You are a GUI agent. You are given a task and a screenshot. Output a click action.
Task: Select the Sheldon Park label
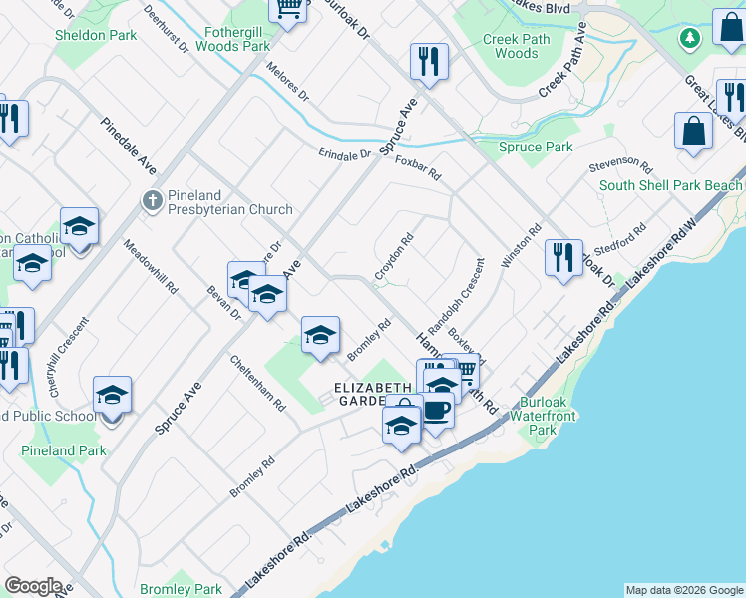point(95,35)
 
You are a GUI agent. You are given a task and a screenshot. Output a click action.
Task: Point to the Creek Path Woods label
point(517,46)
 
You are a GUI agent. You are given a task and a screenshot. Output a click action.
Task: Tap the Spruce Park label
point(536,147)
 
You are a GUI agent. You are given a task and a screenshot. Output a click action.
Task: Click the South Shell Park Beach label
point(670,185)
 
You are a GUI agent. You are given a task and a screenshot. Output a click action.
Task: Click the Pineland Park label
point(64,450)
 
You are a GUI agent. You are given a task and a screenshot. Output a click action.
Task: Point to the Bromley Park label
point(182,589)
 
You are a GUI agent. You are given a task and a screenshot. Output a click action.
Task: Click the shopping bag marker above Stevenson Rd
point(693,131)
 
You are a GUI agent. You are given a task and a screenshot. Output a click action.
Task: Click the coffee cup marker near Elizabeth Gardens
point(436,409)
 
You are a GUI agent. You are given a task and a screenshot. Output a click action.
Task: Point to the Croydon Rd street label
point(394,257)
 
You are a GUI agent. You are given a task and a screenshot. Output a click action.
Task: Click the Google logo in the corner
point(33,586)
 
